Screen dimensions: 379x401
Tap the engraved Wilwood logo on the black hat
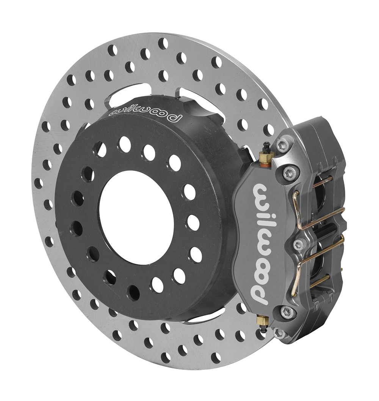click(146, 113)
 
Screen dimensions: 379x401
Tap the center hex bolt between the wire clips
click(298, 244)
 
